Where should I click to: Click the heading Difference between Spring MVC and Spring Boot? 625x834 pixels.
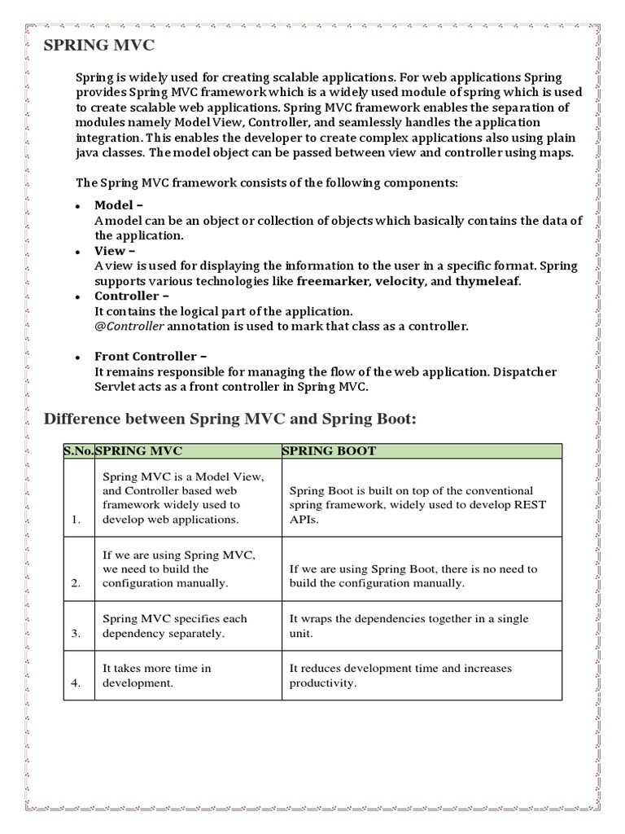(229, 419)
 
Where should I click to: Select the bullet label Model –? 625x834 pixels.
(119, 205)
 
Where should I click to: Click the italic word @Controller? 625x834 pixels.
(129, 327)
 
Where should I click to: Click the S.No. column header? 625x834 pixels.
(79, 451)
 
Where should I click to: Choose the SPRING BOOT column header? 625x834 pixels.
(329, 451)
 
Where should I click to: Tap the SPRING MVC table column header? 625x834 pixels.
(139, 451)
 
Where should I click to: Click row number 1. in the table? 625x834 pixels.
(76, 520)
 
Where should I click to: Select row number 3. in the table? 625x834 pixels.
(76, 633)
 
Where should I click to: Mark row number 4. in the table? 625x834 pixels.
(76, 683)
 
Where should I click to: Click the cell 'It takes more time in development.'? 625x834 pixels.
(156, 675)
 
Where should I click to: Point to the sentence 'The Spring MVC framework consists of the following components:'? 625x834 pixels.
(267, 183)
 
